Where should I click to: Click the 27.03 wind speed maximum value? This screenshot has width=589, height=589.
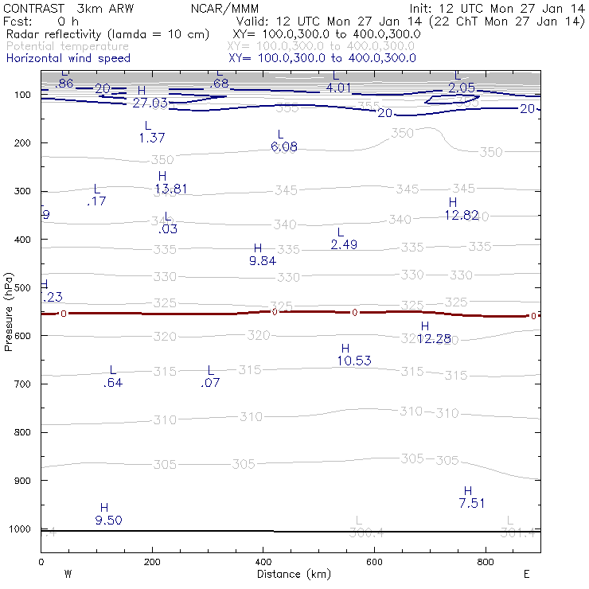[x=150, y=103]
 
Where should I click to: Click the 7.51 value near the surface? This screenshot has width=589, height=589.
[x=472, y=503]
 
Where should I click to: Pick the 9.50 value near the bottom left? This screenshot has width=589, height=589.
[x=108, y=521]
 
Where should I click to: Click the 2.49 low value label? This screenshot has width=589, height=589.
[x=344, y=244]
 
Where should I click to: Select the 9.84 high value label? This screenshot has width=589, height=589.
[x=263, y=260]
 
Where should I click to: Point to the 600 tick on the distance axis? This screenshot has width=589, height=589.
[x=374, y=562]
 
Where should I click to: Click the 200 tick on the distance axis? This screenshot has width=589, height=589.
[x=152, y=562]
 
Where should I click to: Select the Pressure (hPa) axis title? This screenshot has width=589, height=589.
[x=9, y=311]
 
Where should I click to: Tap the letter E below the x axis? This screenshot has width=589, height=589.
[x=526, y=573]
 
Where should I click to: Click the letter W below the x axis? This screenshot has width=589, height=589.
[x=68, y=573]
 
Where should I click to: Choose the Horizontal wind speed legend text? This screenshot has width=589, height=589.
[x=68, y=58]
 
